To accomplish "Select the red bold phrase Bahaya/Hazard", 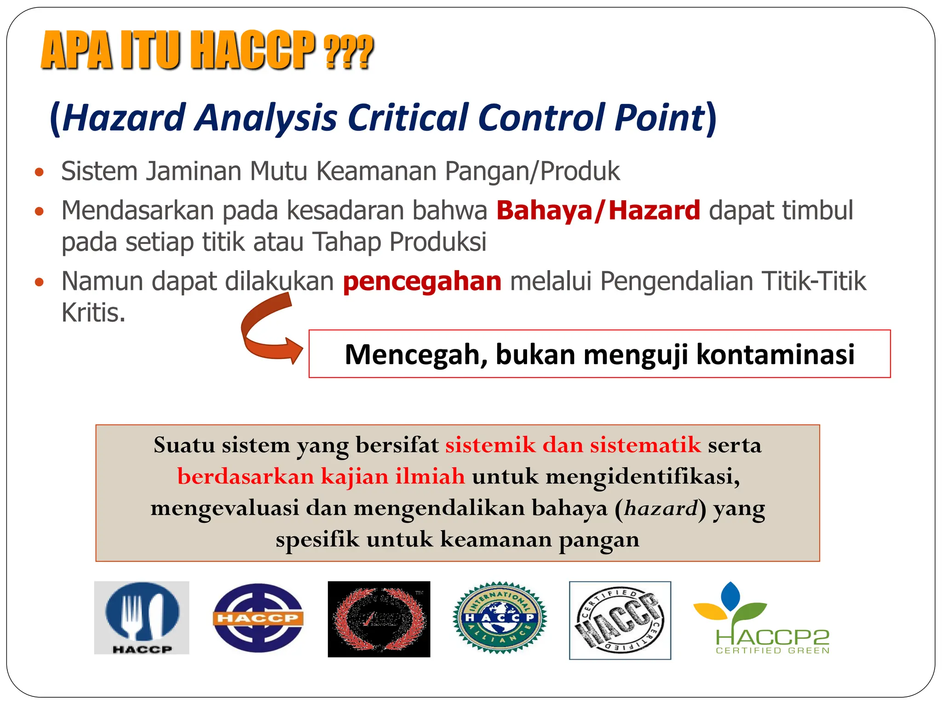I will (598, 211).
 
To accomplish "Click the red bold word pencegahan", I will (422, 281).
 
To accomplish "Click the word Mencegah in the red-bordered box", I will (416, 354).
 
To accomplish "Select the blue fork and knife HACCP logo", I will (142, 617).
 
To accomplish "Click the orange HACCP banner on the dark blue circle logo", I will (258, 618).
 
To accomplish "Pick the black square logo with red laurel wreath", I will (379, 619).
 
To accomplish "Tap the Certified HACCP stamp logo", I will (620, 620).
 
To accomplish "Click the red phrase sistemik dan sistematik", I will (573, 445).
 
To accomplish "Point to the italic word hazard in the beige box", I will (661, 508).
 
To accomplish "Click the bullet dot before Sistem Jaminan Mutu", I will (40, 173).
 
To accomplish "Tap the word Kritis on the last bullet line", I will (93, 313).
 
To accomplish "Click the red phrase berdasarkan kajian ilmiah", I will (321, 476).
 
